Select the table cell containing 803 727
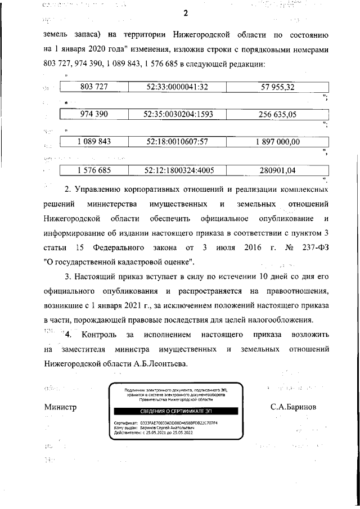click(94, 87)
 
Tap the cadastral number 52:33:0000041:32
click(177, 87)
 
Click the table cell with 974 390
click(94, 115)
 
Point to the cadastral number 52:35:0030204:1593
click(177, 115)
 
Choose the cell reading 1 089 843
click(94, 142)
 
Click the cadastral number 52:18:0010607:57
click(177, 142)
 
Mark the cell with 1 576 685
click(94, 169)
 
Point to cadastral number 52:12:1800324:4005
click(177, 169)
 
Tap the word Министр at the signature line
click(60, 407)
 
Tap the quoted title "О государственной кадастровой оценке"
click(119, 262)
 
